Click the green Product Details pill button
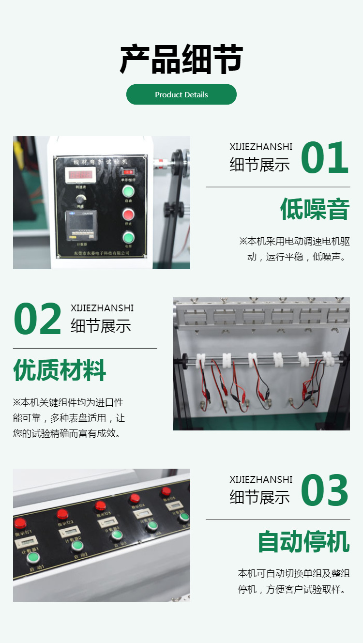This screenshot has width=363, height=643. tap(181, 94)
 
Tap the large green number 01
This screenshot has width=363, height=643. tap(324, 158)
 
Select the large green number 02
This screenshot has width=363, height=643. tap(37, 319)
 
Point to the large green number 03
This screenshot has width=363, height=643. tap(324, 491)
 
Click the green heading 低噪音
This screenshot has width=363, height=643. tap(315, 210)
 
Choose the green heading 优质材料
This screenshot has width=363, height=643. tap(60, 370)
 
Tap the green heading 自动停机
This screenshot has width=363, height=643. tap(303, 541)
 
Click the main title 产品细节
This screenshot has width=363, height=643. tap(181, 60)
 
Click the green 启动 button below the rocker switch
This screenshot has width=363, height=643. tap(128, 191)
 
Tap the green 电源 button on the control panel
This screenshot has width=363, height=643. tap(128, 237)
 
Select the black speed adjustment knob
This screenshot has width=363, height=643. tap(80, 199)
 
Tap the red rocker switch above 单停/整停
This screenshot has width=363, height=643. tap(128, 171)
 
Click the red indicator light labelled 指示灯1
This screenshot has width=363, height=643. tap(20, 523)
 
